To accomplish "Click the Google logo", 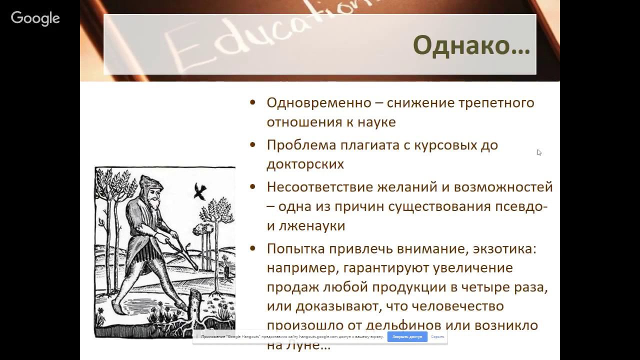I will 35,19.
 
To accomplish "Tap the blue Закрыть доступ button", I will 407,337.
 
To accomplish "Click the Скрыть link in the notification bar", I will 437,337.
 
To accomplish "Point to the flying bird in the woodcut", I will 200,190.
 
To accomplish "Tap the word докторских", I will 305,164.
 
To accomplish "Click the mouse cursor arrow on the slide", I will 539,152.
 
